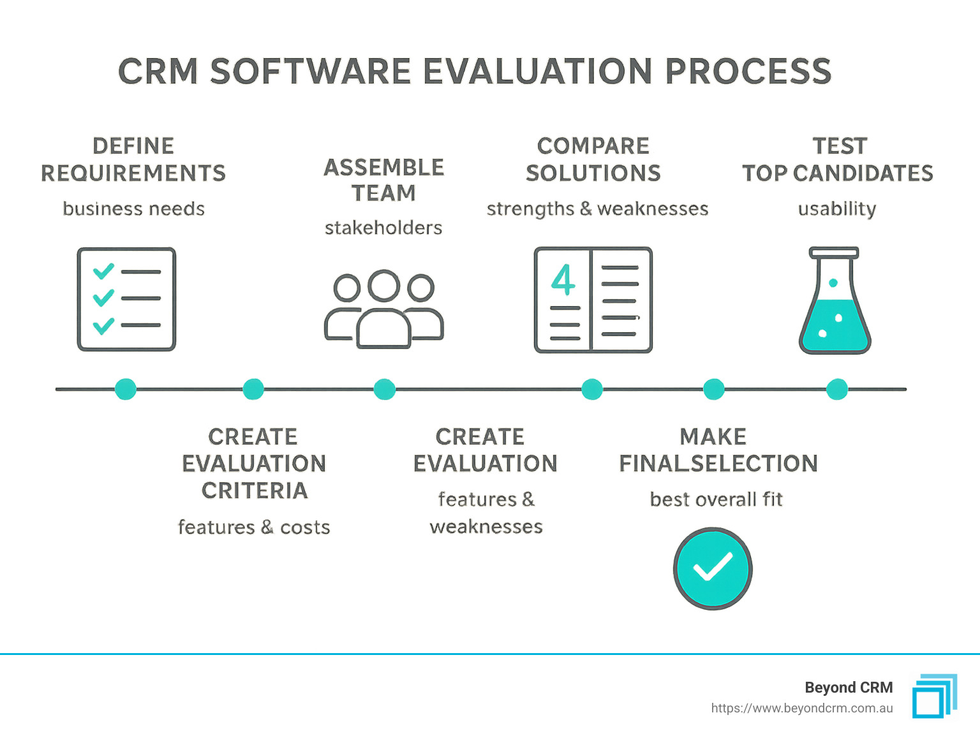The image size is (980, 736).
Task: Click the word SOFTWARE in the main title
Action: [310, 71]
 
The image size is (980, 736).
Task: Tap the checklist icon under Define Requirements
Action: [126, 299]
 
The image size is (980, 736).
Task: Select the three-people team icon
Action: [384, 309]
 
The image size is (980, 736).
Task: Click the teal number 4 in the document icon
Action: [563, 280]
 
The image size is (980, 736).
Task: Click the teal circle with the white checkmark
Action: [713, 568]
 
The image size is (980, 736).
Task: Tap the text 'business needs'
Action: [133, 209]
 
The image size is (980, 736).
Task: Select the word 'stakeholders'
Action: [383, 228]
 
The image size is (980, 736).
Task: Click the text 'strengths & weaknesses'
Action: [597, 209]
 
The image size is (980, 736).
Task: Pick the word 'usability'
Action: [837, 209]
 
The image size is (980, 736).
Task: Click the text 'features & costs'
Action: [254, 527]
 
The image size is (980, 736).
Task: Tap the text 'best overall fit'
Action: [716, 499]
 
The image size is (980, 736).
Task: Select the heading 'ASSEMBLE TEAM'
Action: [384, 180]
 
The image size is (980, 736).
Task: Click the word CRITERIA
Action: [255, 490]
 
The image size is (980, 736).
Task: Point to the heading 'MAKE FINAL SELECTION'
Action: [718, 450]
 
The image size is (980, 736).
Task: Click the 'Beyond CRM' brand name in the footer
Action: [849, 688]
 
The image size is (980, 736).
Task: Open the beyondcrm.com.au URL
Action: [802, 708]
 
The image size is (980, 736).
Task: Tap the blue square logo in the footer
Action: [934, 696]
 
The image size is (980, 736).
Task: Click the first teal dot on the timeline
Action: [126, 389]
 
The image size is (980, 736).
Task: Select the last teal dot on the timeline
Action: [836, 389]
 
